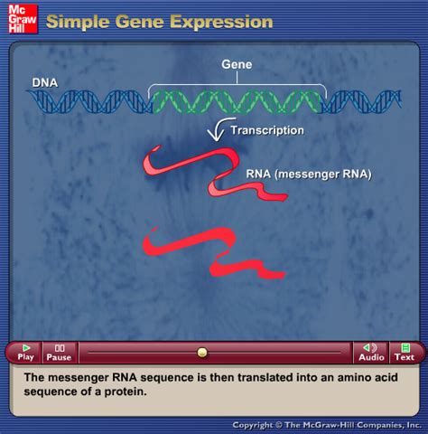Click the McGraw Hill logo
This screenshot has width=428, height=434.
pyautogui.click(x=18, y=18)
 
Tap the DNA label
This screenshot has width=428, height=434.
pyautogui.click(x=45, y=82)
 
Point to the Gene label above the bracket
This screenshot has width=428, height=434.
pyautogui.click(x=237, y=65)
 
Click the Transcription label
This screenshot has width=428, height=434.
pyautogui.click(x=267, y=130)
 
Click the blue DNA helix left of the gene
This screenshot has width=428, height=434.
pyautogui.click(x=90, y=101)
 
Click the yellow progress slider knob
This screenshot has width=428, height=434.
pyautogui.click(x=202, y=352)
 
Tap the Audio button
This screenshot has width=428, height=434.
pyautogui.click(x=370, y=352)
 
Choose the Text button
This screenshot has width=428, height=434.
pyautogui.click(x=405, y=352)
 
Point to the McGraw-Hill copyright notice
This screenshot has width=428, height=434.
pyautogui.click(x=327, y=424)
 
